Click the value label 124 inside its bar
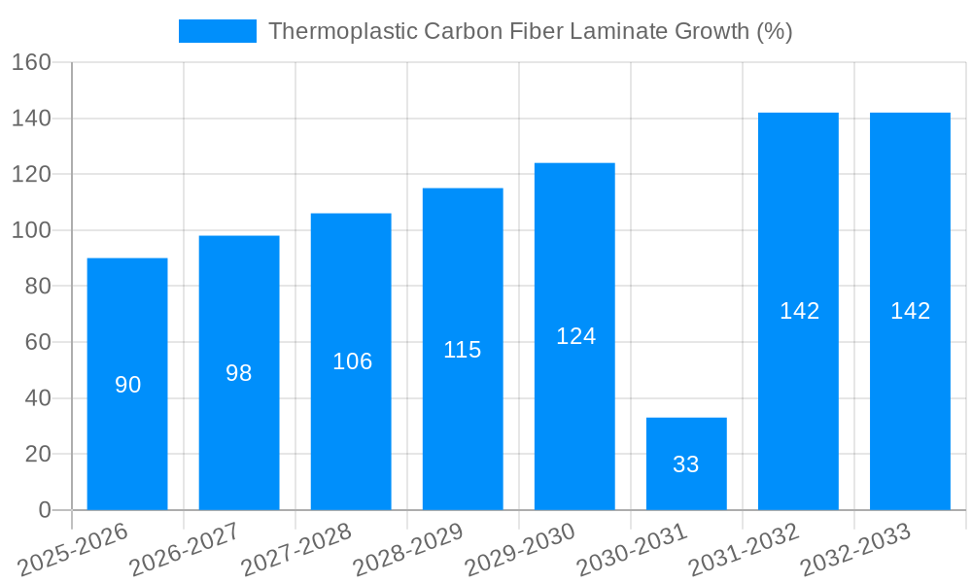(575, 336)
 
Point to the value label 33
(686, 464)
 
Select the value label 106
(352, 361)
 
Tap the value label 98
(239, 373)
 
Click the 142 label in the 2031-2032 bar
(799, 311)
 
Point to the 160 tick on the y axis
(31, 62)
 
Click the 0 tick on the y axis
(44, 510)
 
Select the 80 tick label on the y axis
(37, 287)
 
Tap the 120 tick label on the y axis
(31, 175)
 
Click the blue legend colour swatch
(218, 31)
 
